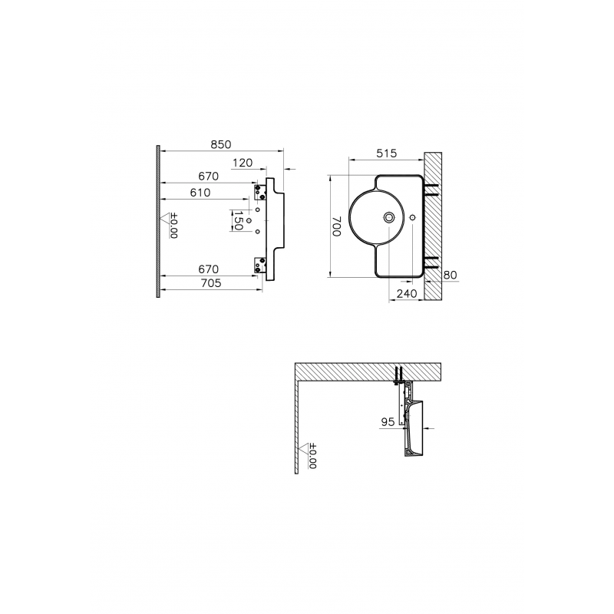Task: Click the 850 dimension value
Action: coord(221,144)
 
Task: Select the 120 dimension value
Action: coord(243,163)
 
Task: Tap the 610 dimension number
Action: coord(200,193)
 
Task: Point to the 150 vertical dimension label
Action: coord(238,221)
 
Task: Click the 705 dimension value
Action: coord(210,282)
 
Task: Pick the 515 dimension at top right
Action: coord(387,153)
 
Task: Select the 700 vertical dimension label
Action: coord(337,226)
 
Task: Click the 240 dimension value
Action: coord(407,293)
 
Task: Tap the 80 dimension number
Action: coord(451,275)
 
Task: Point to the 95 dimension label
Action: coord(388,421)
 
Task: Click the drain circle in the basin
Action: coord(389,217)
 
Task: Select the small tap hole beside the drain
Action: coord(412,217)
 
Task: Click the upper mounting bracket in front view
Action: coord(260,191)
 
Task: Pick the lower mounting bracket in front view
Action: coord(260,265)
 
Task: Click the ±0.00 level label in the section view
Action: coord(312,456)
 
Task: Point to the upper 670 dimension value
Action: coord(208,177)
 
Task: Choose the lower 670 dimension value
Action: coord(208,269)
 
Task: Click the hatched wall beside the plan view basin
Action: coord(433,226)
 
